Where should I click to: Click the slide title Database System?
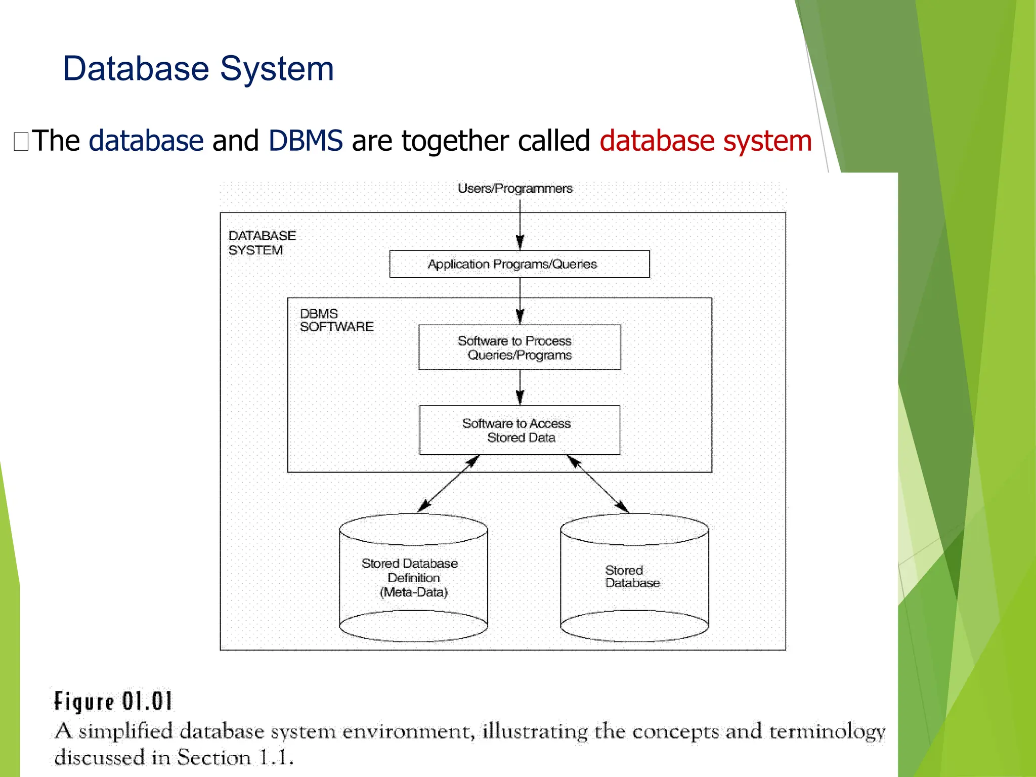tap(198, 69)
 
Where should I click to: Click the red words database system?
tap(705, 141)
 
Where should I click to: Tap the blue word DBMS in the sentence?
tap(306, 141)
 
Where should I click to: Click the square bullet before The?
tap(21, 142)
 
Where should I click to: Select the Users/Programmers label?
tap(515, 189)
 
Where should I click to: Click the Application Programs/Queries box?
tap(519, 264)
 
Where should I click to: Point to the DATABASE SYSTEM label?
tap(262, 243)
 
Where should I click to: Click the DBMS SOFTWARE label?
tap(336, 320)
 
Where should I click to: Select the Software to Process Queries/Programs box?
tap(519, 348)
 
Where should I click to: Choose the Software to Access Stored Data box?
tap(519, 430)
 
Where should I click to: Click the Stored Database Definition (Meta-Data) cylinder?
tap(413, 578)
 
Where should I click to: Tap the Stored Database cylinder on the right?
tap(634, 578)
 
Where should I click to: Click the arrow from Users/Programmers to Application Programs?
tap(520, 223)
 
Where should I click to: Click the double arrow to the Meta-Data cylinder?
tap(448, 484)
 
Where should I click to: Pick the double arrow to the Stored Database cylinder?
tap(598, 484)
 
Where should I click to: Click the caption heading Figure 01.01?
tap(113, 702)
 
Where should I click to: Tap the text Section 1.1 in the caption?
tap(235, 758)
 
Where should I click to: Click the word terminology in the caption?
tap(827, 731)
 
